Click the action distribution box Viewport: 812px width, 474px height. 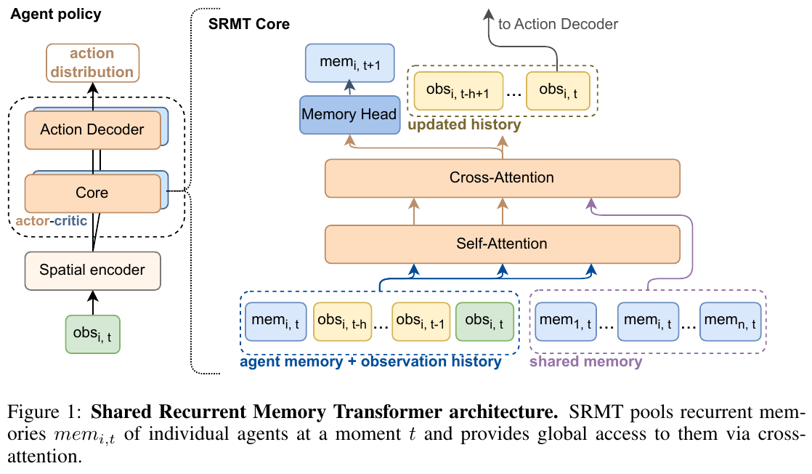[92, 63]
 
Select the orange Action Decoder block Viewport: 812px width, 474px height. [92, 130]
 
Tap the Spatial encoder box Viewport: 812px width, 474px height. [92, 270]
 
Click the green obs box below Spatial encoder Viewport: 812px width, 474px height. [92, 334]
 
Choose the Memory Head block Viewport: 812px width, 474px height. [349, 114]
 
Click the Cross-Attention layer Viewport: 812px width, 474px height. [502, 177]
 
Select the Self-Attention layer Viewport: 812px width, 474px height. [502, 244]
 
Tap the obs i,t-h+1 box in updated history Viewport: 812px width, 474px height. [458, 91]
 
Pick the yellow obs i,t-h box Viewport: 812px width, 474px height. [343, 320]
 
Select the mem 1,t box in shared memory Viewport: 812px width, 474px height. [564, 320]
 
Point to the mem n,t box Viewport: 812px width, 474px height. [729, 320]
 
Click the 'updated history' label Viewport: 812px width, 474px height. [464, 124]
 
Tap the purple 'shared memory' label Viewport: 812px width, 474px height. [585, 361]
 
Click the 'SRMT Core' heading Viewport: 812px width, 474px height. [249, 25]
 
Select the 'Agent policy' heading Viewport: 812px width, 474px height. [55, 14]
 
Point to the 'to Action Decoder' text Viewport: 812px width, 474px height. [558, 24]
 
